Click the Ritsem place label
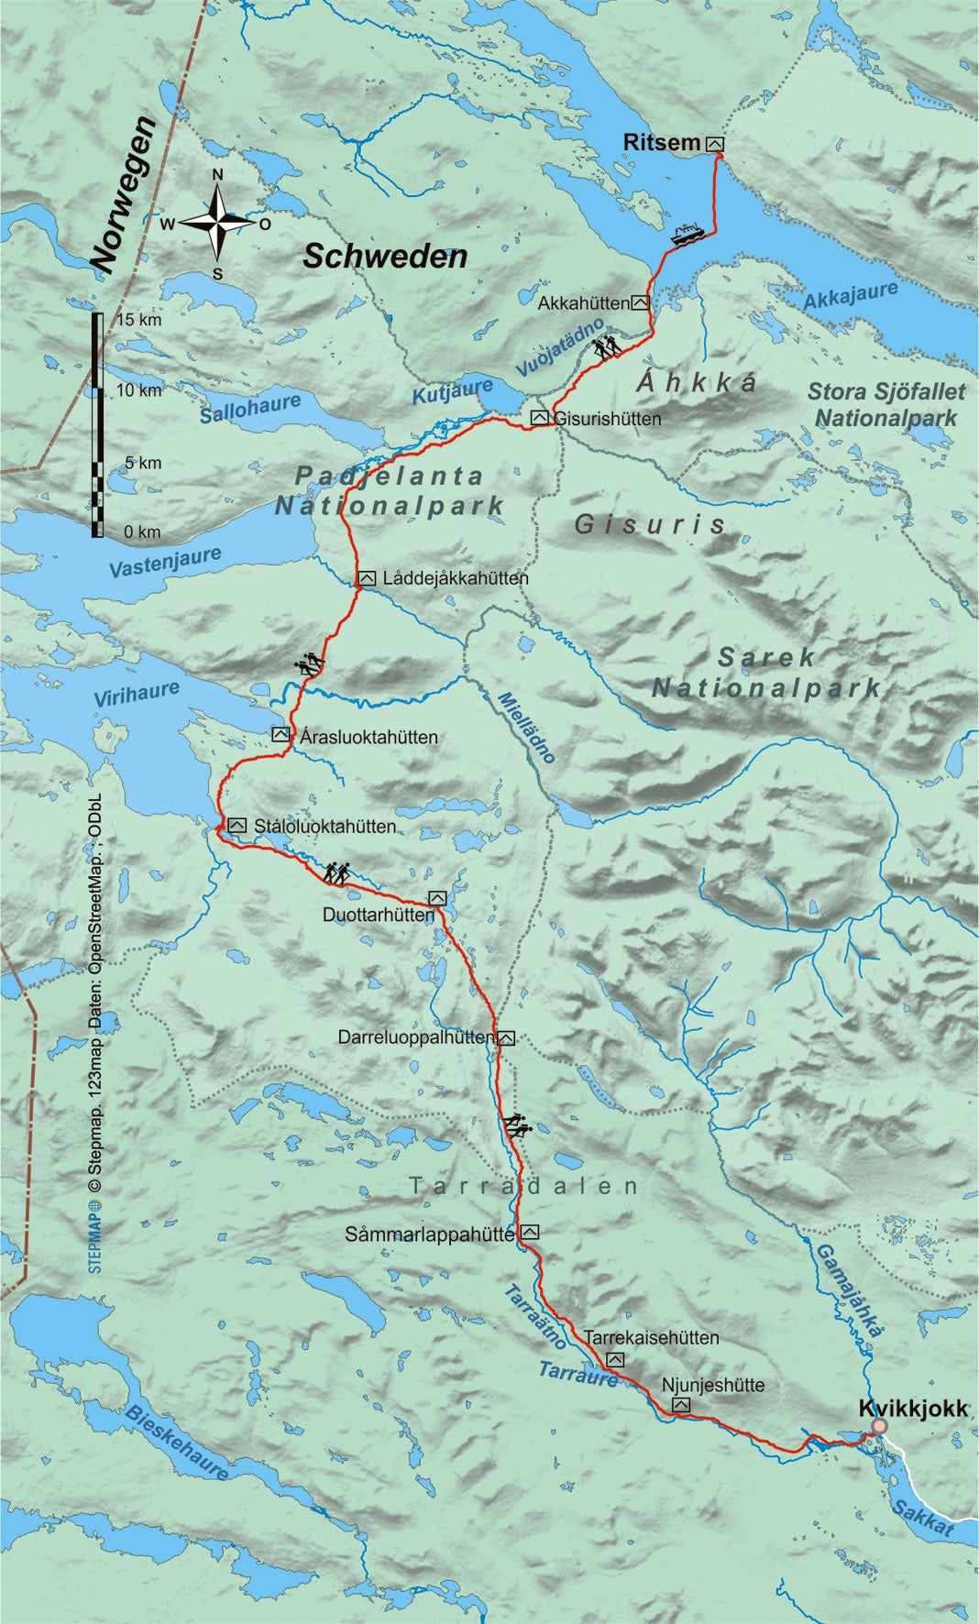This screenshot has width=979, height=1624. click(661, 142)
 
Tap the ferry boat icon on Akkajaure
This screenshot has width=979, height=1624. click(687, 235)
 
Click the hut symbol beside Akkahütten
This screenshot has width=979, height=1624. click(641, 302)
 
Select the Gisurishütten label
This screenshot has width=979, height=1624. click(608, 419)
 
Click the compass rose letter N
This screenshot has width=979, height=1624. click(217, 175)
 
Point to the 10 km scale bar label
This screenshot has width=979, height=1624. click(138, 391)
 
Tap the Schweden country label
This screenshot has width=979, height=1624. click(385, 257)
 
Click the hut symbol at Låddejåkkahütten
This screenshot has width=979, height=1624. click(367, 578)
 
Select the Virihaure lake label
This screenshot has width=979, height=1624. click(137, 694)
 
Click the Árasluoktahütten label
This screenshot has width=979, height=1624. click(368, 737)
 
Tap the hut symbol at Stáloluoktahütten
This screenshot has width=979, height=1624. click(237, 826)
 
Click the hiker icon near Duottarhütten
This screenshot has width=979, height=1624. click(336, 873)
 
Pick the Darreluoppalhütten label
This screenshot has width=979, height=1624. click(416, 1037)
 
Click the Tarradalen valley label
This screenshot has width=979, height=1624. click(523, 1186)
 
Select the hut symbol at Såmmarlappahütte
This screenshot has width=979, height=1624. click(529, 1233)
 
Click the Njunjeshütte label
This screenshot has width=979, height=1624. click(713, 1385)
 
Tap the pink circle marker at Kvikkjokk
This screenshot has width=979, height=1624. click(879, 1427)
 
